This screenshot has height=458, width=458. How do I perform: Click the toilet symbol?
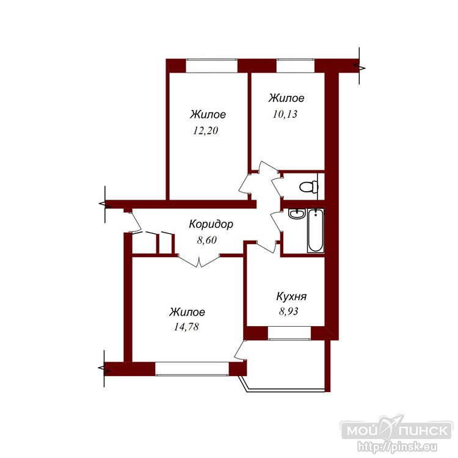(x=309, y=186)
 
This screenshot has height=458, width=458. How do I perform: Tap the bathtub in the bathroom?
(x=316, y=230)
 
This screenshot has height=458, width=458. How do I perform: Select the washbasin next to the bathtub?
(x=297, y=214)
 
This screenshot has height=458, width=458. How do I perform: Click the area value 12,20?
(x=206, y=131)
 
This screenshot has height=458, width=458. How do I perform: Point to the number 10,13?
(x=285, y=114)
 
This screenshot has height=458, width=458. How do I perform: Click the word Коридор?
(x=211, y=224)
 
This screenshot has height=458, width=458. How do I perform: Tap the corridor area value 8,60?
(x=207, y=240)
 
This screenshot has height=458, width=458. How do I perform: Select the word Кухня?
(x=291, y=296)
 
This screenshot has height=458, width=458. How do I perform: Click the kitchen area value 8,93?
(x=289, y=311)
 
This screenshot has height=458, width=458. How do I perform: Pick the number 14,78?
(x=186, y=327)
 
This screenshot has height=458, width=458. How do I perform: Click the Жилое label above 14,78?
(x=187, y=312)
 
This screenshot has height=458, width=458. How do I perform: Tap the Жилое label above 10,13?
(x=286, y=98)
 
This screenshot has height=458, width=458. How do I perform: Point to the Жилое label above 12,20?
(x=208, y=114)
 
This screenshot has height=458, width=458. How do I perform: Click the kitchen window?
(x=289, y=333)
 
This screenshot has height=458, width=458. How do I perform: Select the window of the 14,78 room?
(x=192, y=369)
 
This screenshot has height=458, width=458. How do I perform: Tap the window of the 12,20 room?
(x=211, y=66)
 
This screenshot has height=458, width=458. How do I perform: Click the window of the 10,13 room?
(x=296, y=66)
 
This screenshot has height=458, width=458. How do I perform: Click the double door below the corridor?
(x=199, y=261)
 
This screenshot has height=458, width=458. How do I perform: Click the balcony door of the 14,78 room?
(x=240, y=351)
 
